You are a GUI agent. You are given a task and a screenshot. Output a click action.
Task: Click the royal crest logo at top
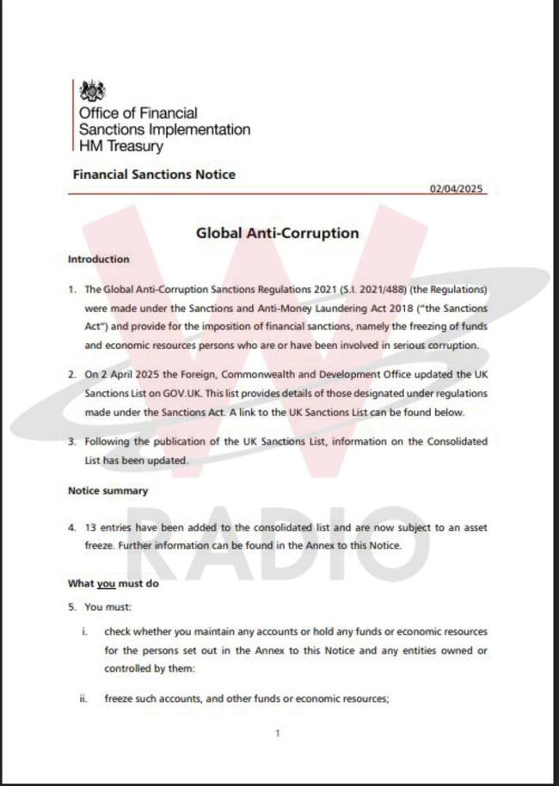pyautogui.click(x=92, y=91)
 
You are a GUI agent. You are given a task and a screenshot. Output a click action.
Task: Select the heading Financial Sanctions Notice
pyautogui.click(x=154, y=175)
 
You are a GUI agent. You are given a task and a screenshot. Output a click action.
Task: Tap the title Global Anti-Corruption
pyautogui.click(x=278, y=232)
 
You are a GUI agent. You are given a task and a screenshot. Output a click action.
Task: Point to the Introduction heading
pyautogui.click(x=99, y=259)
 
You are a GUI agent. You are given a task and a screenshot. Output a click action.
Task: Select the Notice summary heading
pyautogui.click(x=107, y=491)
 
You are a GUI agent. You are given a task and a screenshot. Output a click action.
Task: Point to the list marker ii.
pyautogui.click(x=83, y=699)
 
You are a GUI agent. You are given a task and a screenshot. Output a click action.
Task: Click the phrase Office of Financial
pyautogui.click(x=138, y=113)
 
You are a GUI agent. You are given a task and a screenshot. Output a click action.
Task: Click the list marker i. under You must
pyautogui.click(x=83, y=631)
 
